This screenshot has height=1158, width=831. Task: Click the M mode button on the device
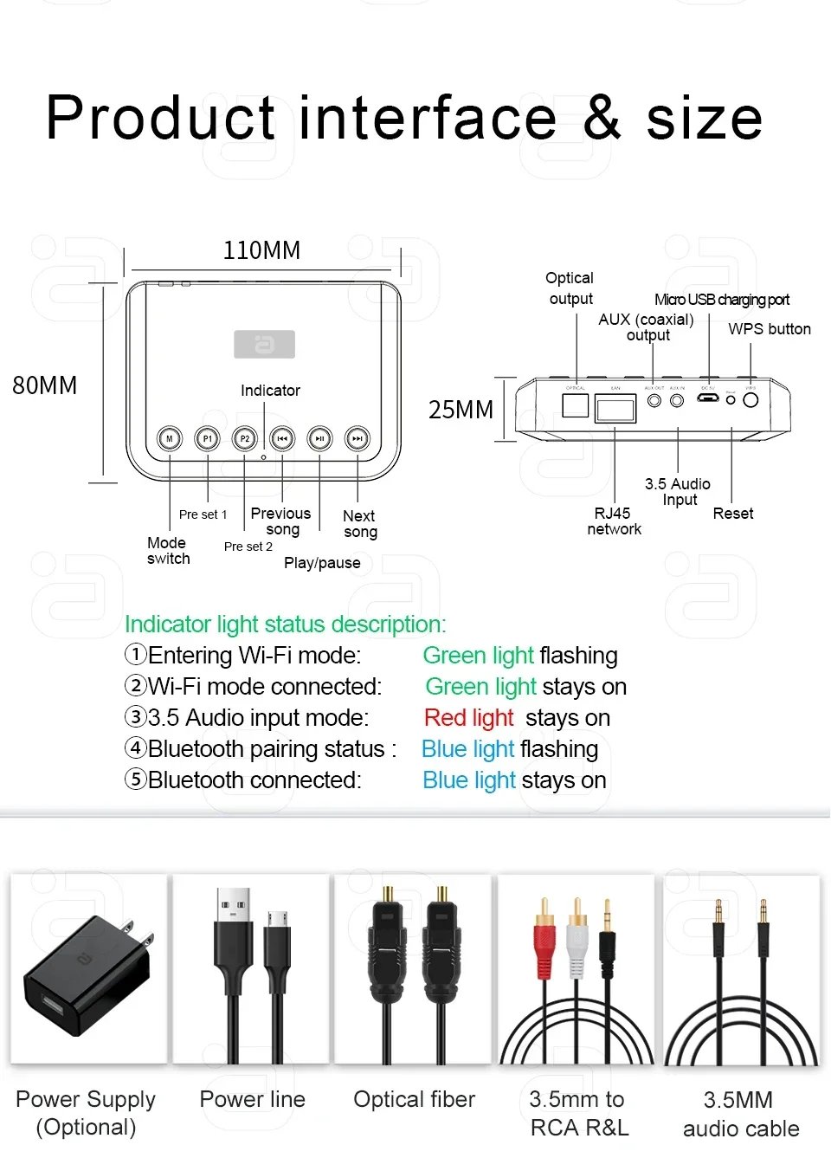[170, 439]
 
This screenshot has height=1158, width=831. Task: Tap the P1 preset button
[207, 439]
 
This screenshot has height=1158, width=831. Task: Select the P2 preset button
[245, 439]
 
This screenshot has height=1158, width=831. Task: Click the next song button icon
[358, 439]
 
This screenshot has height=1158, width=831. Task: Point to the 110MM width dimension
[261, 251]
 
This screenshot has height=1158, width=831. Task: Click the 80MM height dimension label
[45, 385]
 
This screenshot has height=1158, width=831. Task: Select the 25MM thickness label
[461, 410]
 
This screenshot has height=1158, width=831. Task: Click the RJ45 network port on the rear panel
[615, 407]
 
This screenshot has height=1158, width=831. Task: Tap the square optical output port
[576, 404]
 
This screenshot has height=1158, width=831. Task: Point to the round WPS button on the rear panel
[750, 400]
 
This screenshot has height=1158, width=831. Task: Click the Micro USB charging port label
[722, 300]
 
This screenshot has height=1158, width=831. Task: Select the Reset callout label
[733, 514]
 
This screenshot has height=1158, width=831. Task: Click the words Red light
[469, 718]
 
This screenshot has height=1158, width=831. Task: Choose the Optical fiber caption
[414, 1099]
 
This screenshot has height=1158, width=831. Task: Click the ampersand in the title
[602, 118]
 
